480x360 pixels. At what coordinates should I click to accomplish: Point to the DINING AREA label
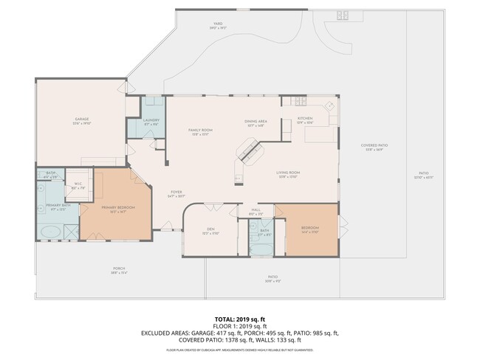point(256,121)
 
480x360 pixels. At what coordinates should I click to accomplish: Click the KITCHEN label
point(306,119)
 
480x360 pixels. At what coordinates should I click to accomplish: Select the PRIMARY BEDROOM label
point(118,207)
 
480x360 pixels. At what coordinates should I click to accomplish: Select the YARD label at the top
point(218,24)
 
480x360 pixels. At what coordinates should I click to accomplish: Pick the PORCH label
point(120,270)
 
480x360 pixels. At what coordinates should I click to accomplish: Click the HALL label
point(256,211)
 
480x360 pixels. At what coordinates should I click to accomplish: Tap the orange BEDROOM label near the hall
point(309,228)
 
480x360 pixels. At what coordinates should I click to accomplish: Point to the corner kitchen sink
point(330,106)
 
